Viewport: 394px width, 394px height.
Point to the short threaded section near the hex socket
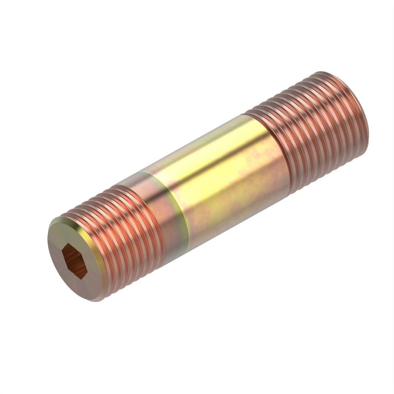click(x=131, y=230)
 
